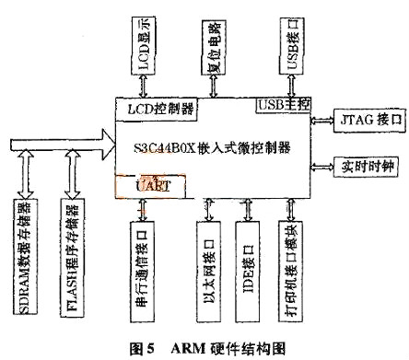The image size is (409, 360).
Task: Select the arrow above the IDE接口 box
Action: pyautogui.click(x=246, y=209)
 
